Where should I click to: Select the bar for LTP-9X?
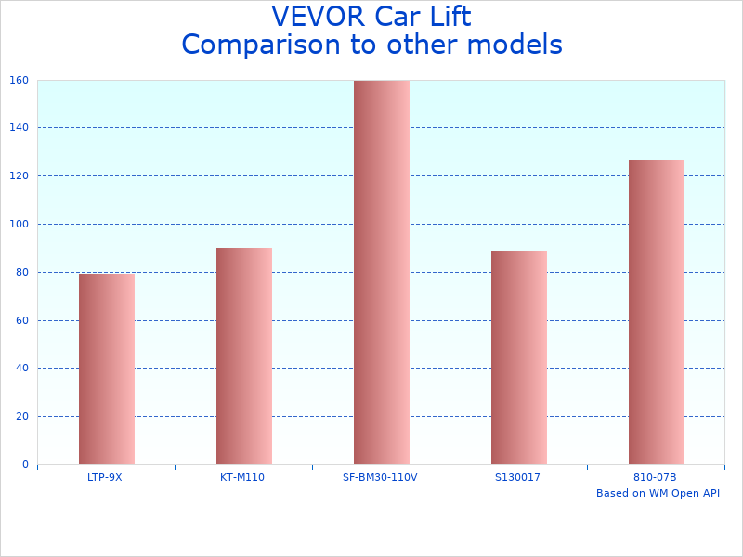click(106, 369)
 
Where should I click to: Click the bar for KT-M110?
click(243, 356)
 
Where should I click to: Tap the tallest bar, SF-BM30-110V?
click(381, 272)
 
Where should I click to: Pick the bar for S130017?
click(518, 357)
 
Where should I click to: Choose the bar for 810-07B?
click(656, 312)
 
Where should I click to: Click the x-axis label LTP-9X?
click(104, 477)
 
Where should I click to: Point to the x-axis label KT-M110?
click(242, 477)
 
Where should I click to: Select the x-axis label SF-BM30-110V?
click(380, 477)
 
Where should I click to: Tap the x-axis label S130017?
click(517, 477)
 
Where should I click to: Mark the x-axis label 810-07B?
click(655, 477)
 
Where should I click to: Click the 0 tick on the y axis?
click(25, 464)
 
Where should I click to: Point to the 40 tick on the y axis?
click(22, 369)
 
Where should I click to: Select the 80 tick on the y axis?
click(22, 272)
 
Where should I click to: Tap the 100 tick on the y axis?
click(20, 224)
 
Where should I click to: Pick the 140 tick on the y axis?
click(20, 128)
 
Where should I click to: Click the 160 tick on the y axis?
click(20, 80)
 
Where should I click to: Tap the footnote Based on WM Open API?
click(658, 493)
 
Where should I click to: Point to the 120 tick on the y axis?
click(20, 175)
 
